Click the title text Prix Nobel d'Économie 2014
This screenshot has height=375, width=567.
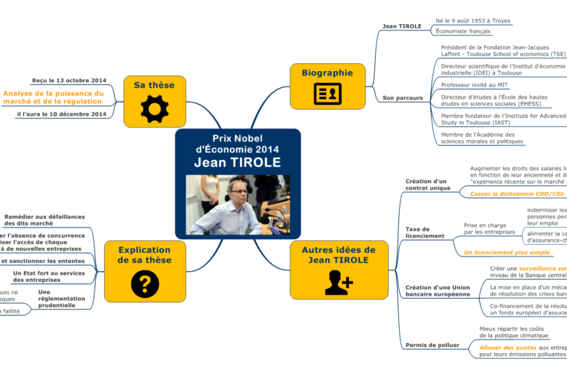click(x=237, y=144)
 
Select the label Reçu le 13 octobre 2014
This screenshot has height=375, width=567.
click(x=69, y=81)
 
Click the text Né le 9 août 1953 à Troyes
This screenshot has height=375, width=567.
click(x=472, y=21)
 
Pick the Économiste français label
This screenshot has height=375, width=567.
click(x=462, y=31)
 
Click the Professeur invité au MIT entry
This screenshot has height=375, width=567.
click(x=475, y=85)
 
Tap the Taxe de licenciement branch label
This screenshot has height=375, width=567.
click(x=425, y=233)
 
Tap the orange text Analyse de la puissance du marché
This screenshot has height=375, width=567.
click(x=54, y=97)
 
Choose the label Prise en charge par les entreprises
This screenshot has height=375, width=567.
click(x=488, y=229)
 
